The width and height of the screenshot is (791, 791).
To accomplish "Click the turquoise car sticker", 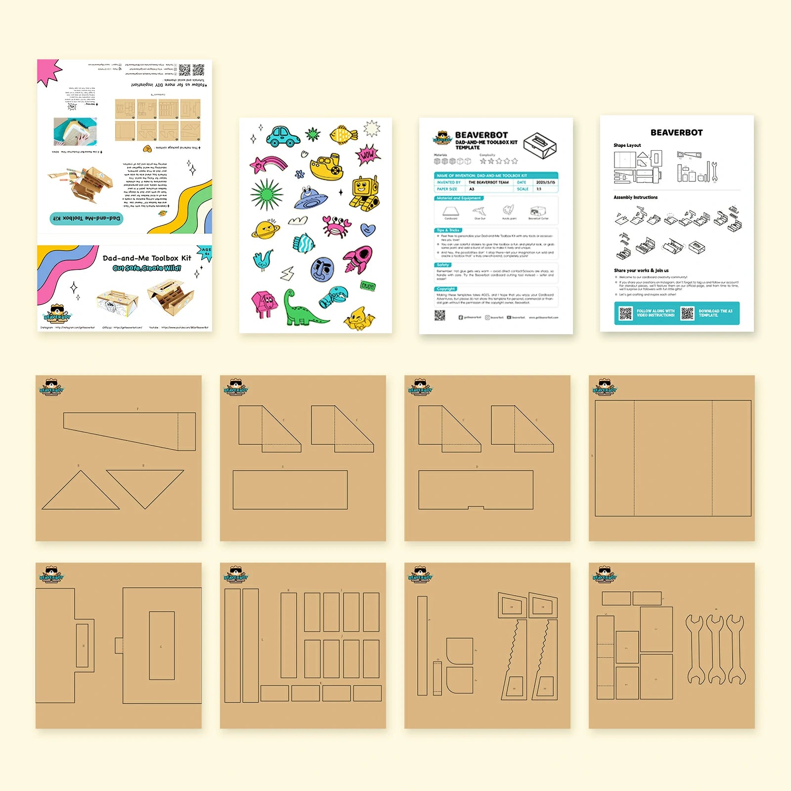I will click(283, 136).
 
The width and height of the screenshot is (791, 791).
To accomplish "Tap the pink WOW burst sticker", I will click(367, 155).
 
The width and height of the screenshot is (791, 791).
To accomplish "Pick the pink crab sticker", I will click(336, 226).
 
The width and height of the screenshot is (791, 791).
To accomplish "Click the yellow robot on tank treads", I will click(365, 193).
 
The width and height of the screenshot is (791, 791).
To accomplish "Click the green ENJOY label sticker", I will click(368, 286).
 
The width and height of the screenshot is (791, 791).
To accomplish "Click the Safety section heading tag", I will click(443, 265).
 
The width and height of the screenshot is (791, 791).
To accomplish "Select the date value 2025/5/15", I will click(545, 182).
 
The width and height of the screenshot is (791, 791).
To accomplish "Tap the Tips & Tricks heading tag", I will click(448, 230).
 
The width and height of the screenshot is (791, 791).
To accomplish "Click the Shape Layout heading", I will click(627, 145).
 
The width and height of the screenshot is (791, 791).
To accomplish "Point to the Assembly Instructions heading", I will click(635, 197).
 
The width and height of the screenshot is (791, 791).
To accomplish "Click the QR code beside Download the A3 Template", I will click(687, 313).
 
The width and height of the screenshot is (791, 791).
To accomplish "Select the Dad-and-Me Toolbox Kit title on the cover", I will click(147, 258).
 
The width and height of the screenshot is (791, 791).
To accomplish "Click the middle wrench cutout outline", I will click(715, 649).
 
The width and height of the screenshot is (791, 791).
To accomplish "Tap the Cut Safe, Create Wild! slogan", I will click(147, 268).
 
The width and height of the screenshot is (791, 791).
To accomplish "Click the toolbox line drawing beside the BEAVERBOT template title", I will click(540, 145).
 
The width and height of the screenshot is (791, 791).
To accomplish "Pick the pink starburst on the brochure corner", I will click(48, 72).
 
